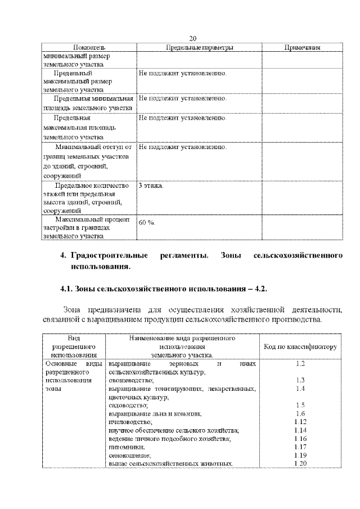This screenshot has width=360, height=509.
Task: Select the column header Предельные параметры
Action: point(199,48)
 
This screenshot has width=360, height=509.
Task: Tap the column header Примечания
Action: point(302,48)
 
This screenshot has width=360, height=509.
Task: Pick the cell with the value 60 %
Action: point(147,223)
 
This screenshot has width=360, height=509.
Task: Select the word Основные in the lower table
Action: point(59,364)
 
